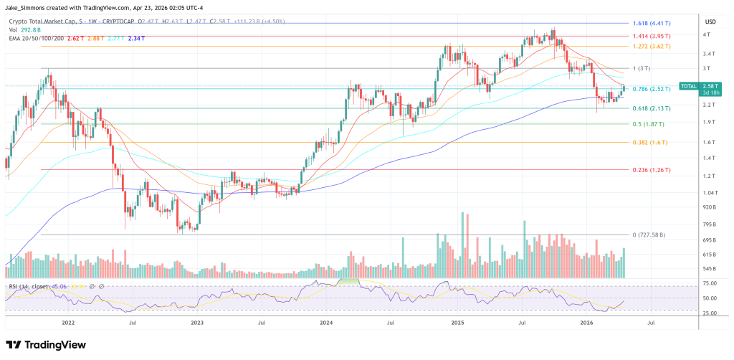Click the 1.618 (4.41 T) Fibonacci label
tap(652, 23)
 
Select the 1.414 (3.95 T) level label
tap(652, 35)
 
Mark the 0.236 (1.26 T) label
tap(651, 170)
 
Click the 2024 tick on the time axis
tap(326, 323)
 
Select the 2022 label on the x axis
tap(69, 323)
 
